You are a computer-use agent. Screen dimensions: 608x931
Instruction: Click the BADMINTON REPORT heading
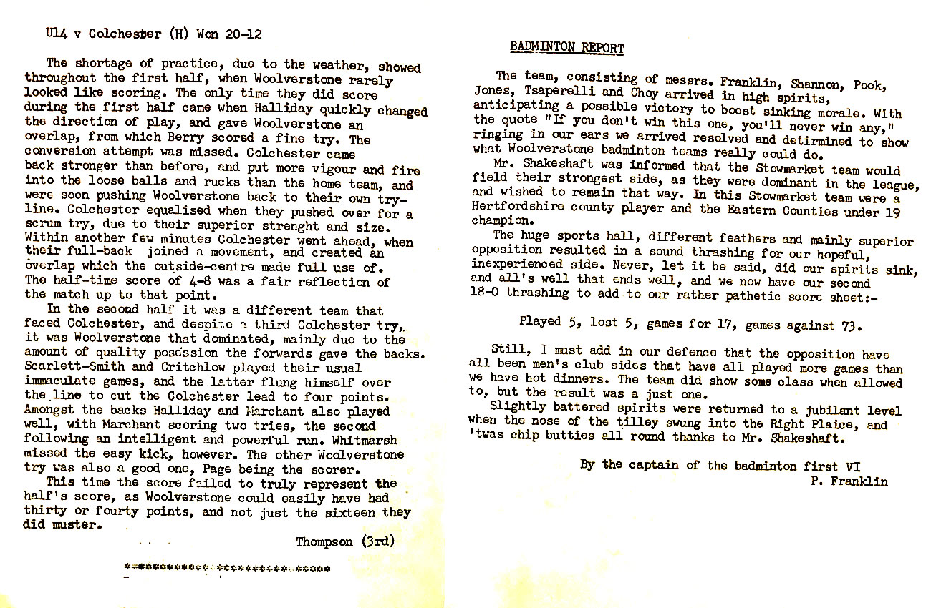tap(566, 48)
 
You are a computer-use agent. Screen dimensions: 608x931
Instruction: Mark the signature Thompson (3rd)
tap(345, 541)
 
